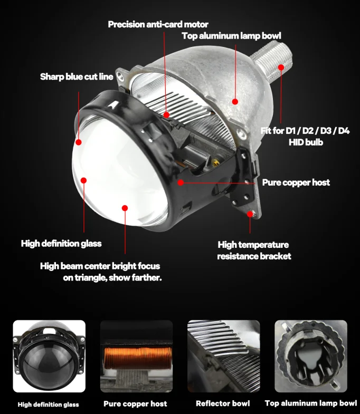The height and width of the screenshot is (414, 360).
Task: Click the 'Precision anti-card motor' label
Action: (158, 24)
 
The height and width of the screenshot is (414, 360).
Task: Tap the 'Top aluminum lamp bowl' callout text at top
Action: (232, 36)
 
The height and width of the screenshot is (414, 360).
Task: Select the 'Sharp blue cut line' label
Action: (77, 76)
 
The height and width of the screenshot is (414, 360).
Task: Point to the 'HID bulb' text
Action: (306, 142)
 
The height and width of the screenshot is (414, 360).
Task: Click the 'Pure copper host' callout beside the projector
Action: (296, 182)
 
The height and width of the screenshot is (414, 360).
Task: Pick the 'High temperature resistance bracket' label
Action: (254, 251)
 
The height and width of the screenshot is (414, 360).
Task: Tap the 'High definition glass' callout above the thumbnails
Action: (61, 244)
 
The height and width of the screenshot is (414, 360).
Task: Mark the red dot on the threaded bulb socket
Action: (281, 68)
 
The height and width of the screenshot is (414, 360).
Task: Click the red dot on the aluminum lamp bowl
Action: (235, 101)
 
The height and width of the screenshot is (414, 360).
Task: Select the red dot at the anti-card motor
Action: (166, 114)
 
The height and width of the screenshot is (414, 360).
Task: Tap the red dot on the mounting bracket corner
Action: (250, 214)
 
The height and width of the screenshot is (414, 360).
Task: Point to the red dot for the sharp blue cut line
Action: (78, 142)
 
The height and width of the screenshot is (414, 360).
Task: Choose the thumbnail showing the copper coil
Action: (136, 356)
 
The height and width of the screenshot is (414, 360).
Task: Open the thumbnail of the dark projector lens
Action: (49, 356)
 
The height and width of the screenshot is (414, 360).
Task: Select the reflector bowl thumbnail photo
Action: (224, 356)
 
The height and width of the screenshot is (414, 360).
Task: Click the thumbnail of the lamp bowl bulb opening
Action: (311, 356)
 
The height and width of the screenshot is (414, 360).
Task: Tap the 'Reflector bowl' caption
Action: (223, 403)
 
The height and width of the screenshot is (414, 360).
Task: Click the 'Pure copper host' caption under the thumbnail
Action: (135, 403)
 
